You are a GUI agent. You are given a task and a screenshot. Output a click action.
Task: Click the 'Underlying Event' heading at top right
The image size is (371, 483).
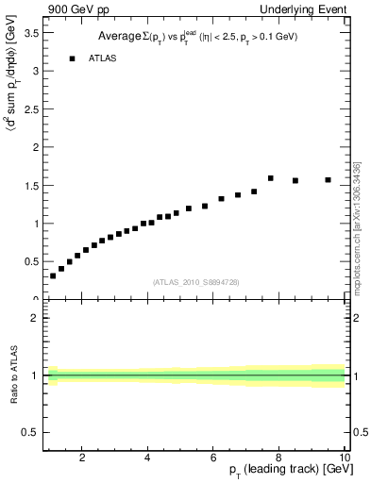pos(306,9)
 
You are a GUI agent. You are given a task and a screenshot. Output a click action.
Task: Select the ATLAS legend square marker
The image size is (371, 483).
pos(72,58)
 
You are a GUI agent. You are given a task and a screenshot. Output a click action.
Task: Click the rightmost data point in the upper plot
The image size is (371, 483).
pos(329,179)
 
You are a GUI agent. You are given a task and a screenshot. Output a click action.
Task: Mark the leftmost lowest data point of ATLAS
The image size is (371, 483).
pos(53,275)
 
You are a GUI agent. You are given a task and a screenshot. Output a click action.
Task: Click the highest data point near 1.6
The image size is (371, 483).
pos(270,177)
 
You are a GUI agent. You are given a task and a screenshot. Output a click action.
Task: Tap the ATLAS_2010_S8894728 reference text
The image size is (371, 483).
pos(194,282)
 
